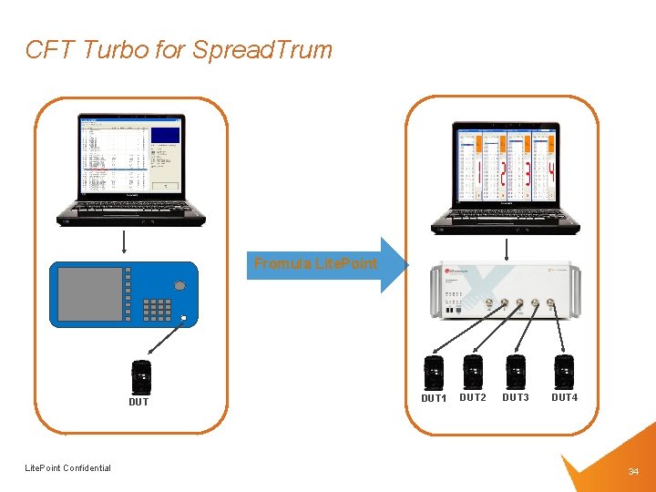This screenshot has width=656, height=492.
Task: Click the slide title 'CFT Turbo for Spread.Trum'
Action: click(179, 49)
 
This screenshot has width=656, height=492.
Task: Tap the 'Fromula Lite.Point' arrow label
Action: click(315, 264)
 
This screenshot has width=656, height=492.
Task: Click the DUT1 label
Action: click(434, 398)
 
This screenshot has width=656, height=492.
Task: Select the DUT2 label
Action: click(473, 397)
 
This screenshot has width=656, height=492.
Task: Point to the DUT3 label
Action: click(516, 397)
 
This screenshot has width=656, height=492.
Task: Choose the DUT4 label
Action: click(564, 397)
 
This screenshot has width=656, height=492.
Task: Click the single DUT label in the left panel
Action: click(138, 402)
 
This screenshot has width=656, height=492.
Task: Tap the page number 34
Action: click(633, 471)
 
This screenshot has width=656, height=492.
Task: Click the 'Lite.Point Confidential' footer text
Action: click(68, 468)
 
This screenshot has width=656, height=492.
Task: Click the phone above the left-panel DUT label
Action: click(140, 376)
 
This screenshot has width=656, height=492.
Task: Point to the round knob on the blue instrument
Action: click(179, 286)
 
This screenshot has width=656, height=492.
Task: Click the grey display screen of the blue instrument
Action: click(89, 293)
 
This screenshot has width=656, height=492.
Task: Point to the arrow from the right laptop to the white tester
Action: click(507, 249)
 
